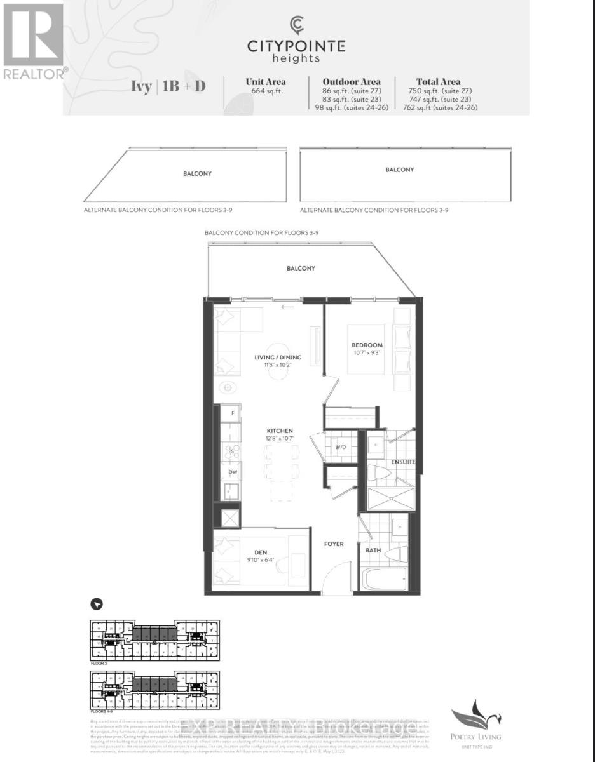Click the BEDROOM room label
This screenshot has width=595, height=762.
[x=367, y=345]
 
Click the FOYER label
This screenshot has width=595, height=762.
[x=333, y=544]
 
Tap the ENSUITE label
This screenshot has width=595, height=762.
[x=403, y=462]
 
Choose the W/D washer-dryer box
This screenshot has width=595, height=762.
[x=341, y=447]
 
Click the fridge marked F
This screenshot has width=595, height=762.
[x=233, y=413]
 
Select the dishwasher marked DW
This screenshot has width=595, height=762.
[x=233, y=472]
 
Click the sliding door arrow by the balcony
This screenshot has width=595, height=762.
[x=287, y=307]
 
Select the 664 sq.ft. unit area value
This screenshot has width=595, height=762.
[x=266, y=90]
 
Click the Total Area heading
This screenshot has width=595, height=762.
[x=435, y=81]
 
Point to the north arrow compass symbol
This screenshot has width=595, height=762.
[x=97, y=605]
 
